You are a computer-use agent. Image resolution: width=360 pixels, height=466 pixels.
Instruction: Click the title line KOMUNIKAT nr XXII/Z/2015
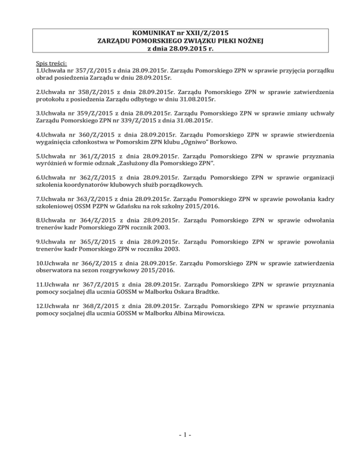[x=180, y=33]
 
